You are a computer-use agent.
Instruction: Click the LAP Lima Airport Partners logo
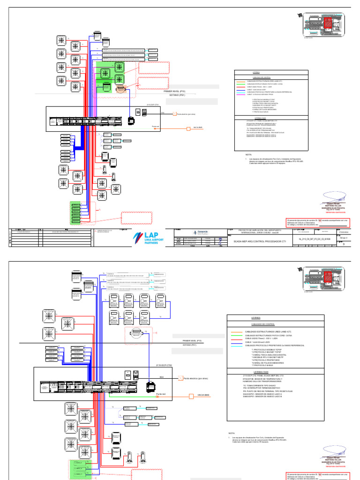point(149,237)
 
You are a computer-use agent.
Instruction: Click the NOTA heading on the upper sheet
point(249,155)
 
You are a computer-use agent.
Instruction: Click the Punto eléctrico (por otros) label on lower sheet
point(196,378)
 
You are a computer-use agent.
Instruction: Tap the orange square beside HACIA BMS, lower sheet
point(191,396)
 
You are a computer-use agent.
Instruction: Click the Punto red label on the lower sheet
point(161,395)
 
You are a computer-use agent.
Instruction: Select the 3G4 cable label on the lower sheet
point(162,376)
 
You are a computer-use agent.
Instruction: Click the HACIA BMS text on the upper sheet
point(198,127)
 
